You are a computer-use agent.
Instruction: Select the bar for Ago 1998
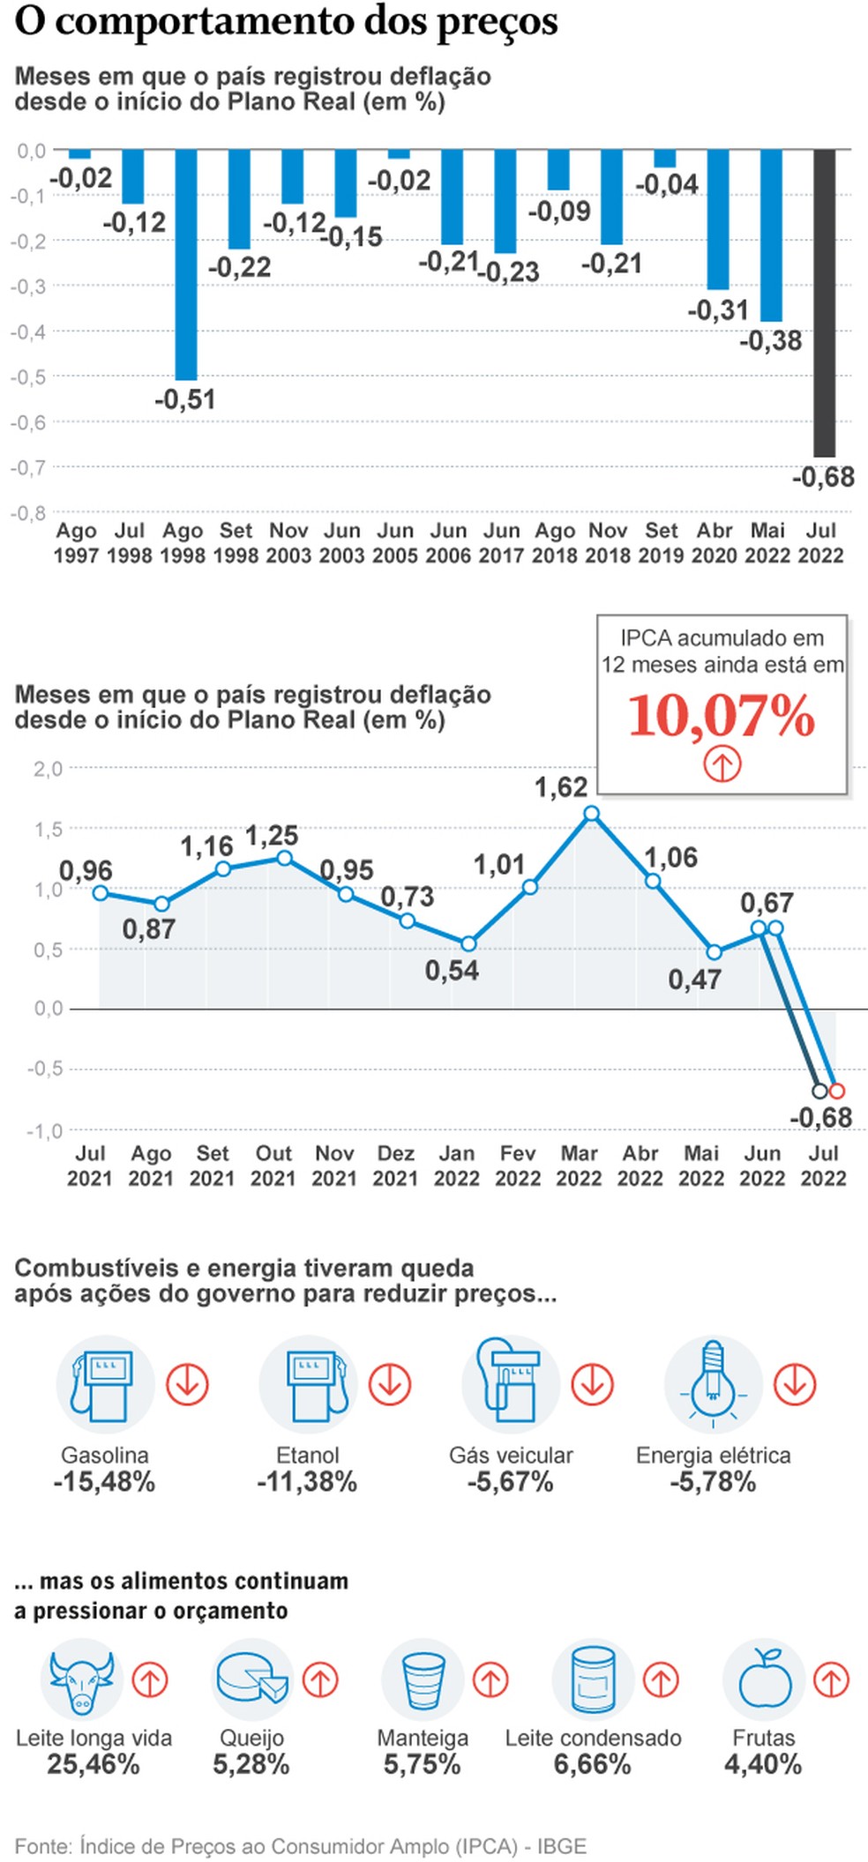point(185,264)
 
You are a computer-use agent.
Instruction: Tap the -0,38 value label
point(770,341)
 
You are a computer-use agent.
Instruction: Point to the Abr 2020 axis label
point(715,543)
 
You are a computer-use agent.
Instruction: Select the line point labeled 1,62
point(592,814)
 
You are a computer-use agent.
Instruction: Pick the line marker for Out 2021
point(284,858)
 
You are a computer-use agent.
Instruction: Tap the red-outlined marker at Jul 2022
point(837,1091)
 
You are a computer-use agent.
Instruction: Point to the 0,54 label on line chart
point(452,971)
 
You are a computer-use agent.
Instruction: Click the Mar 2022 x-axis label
point(579,1166)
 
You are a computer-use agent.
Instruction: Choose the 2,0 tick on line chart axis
point(48,769)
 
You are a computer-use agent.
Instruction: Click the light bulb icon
point(713,1383)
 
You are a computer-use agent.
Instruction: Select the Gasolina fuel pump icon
point(105,1385)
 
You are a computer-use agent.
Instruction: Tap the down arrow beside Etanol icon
point(390,1384)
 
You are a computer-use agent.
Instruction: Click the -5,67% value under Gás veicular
point(511,1482)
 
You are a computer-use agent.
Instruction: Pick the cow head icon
point(81,1680)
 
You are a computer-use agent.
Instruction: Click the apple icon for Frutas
point(764,1680)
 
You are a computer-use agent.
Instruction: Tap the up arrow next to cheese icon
point(320,1680)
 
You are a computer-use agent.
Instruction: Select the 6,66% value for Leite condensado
point(592,1764)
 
